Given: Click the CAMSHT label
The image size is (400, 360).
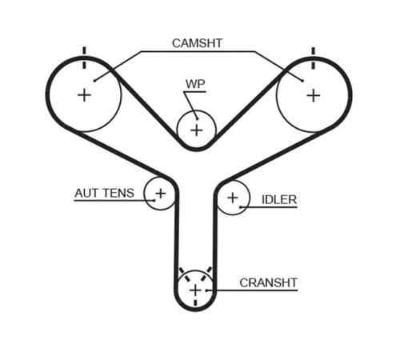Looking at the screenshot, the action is (197, 43).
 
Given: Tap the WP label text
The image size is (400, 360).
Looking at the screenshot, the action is (195, 84).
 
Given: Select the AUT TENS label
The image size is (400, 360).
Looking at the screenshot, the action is (104, 193).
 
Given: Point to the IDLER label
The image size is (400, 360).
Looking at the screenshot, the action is (279, 200).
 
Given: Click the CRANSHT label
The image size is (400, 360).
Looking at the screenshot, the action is (268, 283).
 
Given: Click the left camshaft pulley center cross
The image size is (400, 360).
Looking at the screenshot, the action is (84, 95).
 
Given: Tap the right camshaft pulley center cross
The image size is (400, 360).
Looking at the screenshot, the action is (314, 95).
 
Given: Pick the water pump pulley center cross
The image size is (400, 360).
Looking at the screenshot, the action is (197, 130).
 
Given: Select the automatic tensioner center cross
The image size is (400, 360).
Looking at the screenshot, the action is (161, 194).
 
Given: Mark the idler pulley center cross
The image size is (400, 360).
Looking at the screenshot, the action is (233, 198).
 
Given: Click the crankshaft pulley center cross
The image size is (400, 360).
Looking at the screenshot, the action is (195, 290).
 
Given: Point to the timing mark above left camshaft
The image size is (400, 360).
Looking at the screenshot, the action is (85, 58).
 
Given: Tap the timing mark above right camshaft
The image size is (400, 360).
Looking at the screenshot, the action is (314, 58).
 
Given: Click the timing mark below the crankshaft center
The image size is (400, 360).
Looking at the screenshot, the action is (195, 302).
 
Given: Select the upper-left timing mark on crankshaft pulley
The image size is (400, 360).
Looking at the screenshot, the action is (185, 274).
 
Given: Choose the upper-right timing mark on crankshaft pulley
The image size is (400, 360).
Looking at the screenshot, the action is (206, 274).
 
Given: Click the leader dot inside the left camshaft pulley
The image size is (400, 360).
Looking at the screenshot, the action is (94, 81).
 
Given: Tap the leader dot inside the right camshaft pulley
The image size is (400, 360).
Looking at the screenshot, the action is (302, 81).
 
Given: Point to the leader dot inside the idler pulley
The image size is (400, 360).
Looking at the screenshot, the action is (240, 207).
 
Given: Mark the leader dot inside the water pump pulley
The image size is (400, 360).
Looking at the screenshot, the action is (197, 118).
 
